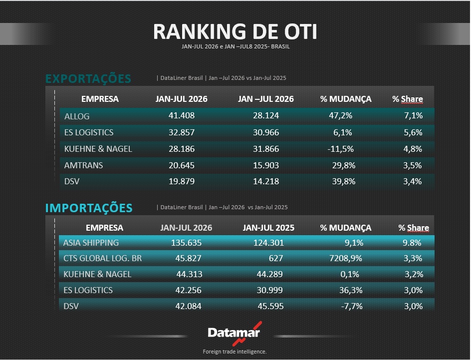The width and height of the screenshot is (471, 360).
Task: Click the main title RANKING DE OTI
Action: click(x=235, y=31)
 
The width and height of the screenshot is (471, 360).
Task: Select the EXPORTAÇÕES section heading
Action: click(x=88, y=78)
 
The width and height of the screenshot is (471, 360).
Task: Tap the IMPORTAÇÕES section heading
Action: click(x=89, y=208)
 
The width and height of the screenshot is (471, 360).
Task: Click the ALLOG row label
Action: click(x=77, y=116)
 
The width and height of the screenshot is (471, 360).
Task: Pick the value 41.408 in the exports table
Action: click(x=182, y=115)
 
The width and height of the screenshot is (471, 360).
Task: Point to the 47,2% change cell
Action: click(x=341, y=115)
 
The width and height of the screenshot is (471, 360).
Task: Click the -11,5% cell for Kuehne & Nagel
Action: click(x=341, y=149)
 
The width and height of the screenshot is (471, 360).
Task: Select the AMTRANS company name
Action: click(x=83, y=165)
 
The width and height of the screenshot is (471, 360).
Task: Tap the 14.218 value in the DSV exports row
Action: click(x=266, y=181)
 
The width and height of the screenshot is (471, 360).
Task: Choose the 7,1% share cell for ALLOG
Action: click(x=413, y=115)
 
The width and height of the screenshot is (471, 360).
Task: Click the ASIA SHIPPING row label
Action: click(x=91, y=243)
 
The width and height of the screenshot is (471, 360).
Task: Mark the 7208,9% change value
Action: click(x=346, y=258)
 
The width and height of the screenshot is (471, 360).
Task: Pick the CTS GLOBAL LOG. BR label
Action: click(x=102, y=258)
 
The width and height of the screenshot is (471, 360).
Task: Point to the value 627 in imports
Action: click(x=276, y=258)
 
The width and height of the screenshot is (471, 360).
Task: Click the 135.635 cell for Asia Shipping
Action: click(x=186, y=243)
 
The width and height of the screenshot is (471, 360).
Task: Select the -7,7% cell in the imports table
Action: click(x=352, y=306)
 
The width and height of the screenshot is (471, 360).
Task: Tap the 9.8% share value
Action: click(x=412, y=243)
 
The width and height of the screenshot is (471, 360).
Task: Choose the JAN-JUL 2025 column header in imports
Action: click(x=268, y=228)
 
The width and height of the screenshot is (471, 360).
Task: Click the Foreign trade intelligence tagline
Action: click(x=235, y=352)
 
